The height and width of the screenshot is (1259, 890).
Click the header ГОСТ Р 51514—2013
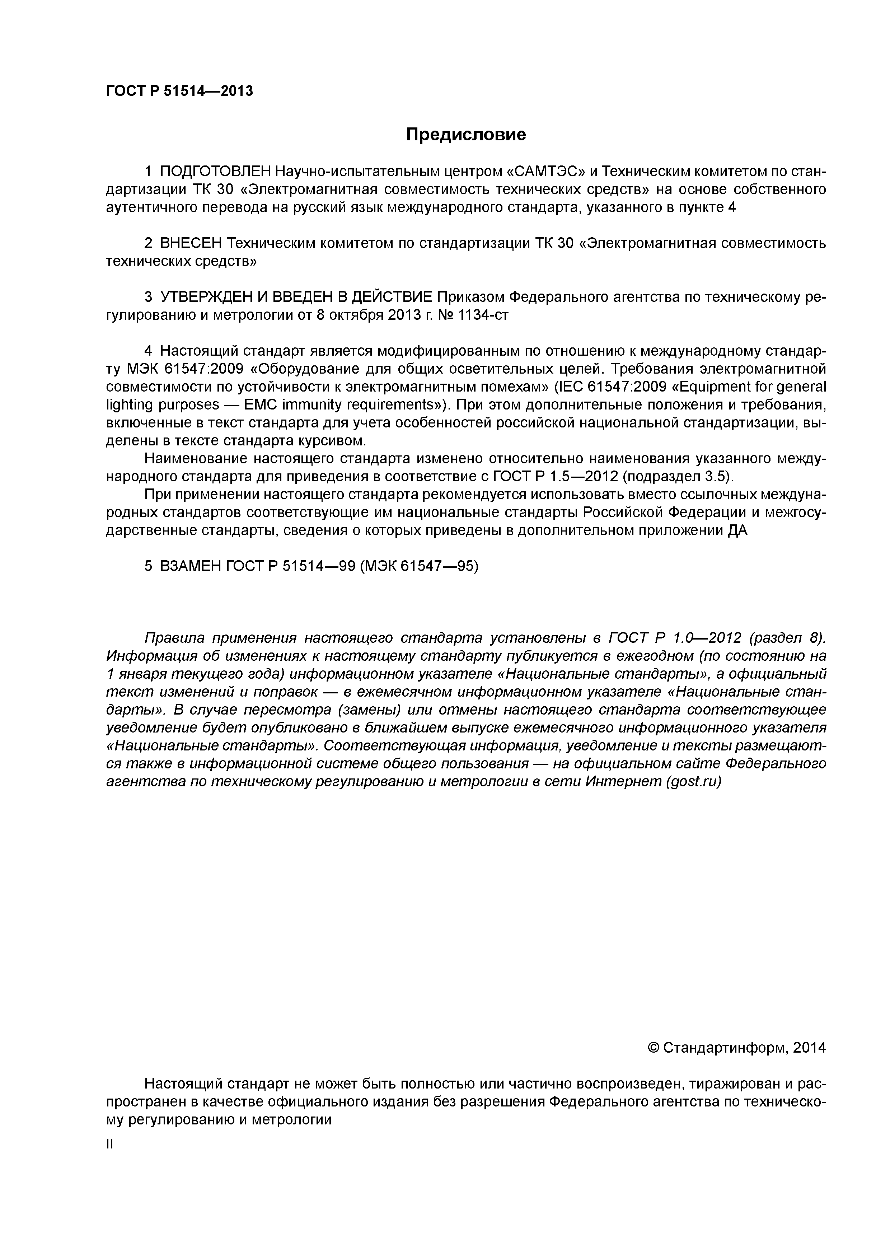point(179,91)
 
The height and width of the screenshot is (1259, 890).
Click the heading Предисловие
point(465,134)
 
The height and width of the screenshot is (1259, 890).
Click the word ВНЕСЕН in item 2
point(191,243)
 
